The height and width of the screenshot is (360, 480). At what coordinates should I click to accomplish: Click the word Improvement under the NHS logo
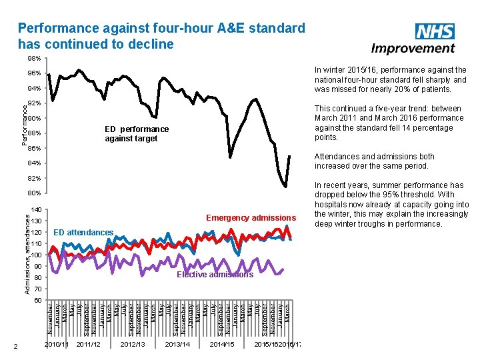413,49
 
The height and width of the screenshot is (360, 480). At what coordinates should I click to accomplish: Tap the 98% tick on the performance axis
33,59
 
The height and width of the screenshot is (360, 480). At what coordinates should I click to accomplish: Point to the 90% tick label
35,119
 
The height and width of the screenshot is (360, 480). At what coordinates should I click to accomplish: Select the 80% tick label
34,194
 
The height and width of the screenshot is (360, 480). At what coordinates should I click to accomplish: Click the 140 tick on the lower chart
37,210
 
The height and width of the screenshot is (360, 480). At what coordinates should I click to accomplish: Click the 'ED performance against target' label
136,133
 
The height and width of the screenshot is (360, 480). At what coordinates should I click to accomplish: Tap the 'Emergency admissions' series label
251,218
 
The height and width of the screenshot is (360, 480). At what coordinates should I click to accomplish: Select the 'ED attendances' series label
83,233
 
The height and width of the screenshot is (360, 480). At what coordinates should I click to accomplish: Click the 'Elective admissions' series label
215,275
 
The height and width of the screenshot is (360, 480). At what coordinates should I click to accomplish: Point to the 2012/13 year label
133,344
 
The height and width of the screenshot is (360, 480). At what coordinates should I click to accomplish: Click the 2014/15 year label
222,344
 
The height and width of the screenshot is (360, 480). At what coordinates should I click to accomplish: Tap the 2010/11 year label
57,344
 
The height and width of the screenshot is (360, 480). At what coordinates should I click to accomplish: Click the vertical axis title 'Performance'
25,120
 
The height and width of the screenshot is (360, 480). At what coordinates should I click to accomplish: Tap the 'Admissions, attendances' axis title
25,251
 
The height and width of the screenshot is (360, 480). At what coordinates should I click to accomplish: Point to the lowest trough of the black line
286,187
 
